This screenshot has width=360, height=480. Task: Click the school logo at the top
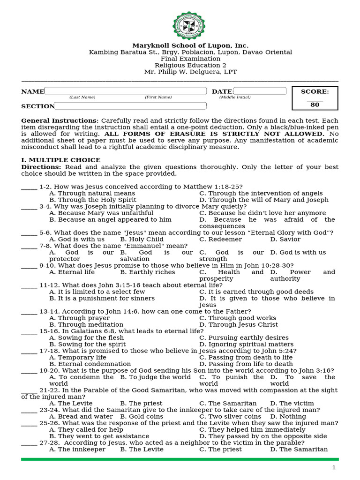[189, 25]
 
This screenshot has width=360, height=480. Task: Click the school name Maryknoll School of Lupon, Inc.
[190, 45]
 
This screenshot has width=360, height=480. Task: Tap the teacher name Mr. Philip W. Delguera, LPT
[190, 72]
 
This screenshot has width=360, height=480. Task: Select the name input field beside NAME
[125, 91]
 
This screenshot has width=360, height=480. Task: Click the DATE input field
[260, 91]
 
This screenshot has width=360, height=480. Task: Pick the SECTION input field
[130, 106]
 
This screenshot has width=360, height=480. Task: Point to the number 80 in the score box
[315, 105]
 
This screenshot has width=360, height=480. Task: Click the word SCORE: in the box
[315, 91]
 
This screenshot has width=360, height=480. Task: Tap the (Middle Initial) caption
[235, 97]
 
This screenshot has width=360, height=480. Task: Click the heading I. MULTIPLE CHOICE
[60, 160]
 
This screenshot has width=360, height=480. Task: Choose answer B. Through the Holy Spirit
[92, 200]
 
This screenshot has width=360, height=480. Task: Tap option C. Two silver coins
[230, 416]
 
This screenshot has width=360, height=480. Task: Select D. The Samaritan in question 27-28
[299, 449]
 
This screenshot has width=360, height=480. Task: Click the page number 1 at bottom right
[334, 467]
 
